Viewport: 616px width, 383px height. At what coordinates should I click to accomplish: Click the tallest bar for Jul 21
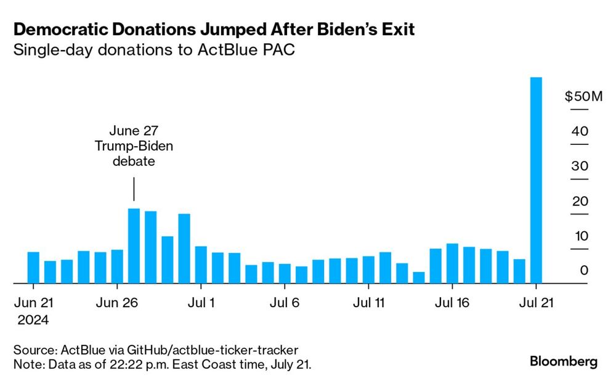(x=536, y=180)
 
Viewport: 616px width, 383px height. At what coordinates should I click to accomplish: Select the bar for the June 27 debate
(x=134, y=245)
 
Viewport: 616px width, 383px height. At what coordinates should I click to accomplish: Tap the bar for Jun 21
(x=33, y=268)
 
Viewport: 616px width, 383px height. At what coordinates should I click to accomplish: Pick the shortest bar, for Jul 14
(x=419, y=278)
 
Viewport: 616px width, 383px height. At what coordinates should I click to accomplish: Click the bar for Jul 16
(x=452, y=263)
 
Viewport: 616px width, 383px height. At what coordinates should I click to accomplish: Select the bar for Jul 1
(x=201, y=265)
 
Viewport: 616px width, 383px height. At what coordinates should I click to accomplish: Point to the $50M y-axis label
(x=583, y=96)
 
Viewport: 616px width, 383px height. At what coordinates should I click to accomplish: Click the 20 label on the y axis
(x=580, y=201)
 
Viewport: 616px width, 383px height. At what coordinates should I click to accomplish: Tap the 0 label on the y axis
(x=584, y=271)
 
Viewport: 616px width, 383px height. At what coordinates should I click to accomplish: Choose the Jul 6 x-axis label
(x=285, y=303)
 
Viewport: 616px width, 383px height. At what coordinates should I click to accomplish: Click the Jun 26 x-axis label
(x=117, y=303)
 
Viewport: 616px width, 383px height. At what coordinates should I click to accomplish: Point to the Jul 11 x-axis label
(x=368, y=303)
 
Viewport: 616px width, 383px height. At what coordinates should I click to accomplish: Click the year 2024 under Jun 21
(x=33, y=320)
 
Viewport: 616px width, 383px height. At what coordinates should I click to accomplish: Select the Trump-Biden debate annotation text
(x=134, y=146)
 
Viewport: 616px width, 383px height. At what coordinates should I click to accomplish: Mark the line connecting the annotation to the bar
(x=134, y=189)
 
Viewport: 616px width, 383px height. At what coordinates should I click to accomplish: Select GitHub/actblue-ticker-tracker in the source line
(x=213, y=350)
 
